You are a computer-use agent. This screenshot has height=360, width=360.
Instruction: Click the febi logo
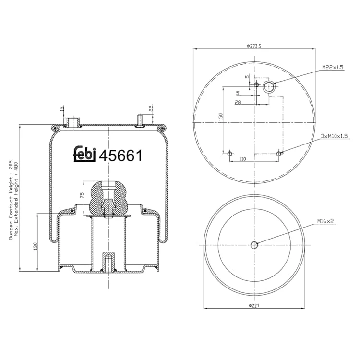84,154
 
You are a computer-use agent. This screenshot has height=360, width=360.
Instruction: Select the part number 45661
120,156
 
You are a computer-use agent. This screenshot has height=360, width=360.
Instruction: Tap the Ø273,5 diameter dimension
254,46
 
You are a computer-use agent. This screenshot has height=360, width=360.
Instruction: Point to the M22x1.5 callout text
333,67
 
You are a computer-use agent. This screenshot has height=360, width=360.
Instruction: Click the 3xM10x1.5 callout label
334,136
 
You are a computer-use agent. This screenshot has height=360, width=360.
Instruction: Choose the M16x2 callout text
325,221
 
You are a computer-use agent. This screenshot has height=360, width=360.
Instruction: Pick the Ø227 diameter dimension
254,306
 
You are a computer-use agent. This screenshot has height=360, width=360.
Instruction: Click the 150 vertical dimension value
221,117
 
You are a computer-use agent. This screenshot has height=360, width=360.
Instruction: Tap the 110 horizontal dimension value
242,159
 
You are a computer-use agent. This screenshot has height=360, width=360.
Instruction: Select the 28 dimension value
238,102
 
